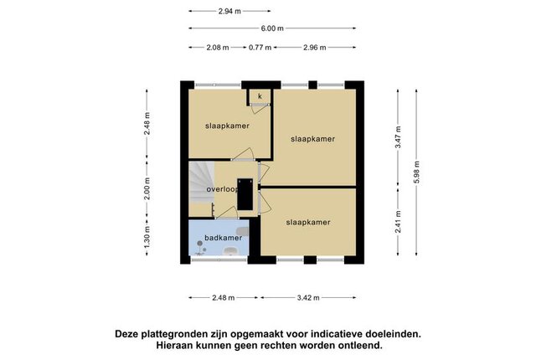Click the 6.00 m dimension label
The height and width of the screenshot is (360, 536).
(272, 28)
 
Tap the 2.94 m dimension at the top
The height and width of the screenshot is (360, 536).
(229, 11)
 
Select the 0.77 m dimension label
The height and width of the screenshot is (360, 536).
(260, 48)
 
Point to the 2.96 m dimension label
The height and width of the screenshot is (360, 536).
(315, 48)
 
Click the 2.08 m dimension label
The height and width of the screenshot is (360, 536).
(218, 48)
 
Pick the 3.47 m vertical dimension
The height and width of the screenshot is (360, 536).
(398, 137)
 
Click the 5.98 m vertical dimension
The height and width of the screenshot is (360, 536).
(416, 172)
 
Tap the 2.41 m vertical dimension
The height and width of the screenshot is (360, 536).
(398, 222)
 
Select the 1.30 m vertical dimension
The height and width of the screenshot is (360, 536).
(147, 238)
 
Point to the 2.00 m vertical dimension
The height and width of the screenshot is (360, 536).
(147, 188)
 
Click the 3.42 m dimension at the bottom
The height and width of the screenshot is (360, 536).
(308, 298)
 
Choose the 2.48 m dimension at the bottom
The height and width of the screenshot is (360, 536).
(224, 298)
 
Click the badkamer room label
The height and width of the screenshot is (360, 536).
(224, 238)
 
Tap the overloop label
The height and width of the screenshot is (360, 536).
(222, 189)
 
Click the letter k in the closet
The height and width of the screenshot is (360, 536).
(260, 96)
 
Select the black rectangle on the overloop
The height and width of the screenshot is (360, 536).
(245, 194)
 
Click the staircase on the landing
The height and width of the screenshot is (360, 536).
(202, 183)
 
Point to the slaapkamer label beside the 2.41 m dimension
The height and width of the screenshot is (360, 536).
(308, 223)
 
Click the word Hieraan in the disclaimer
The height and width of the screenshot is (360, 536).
(175, 345)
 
